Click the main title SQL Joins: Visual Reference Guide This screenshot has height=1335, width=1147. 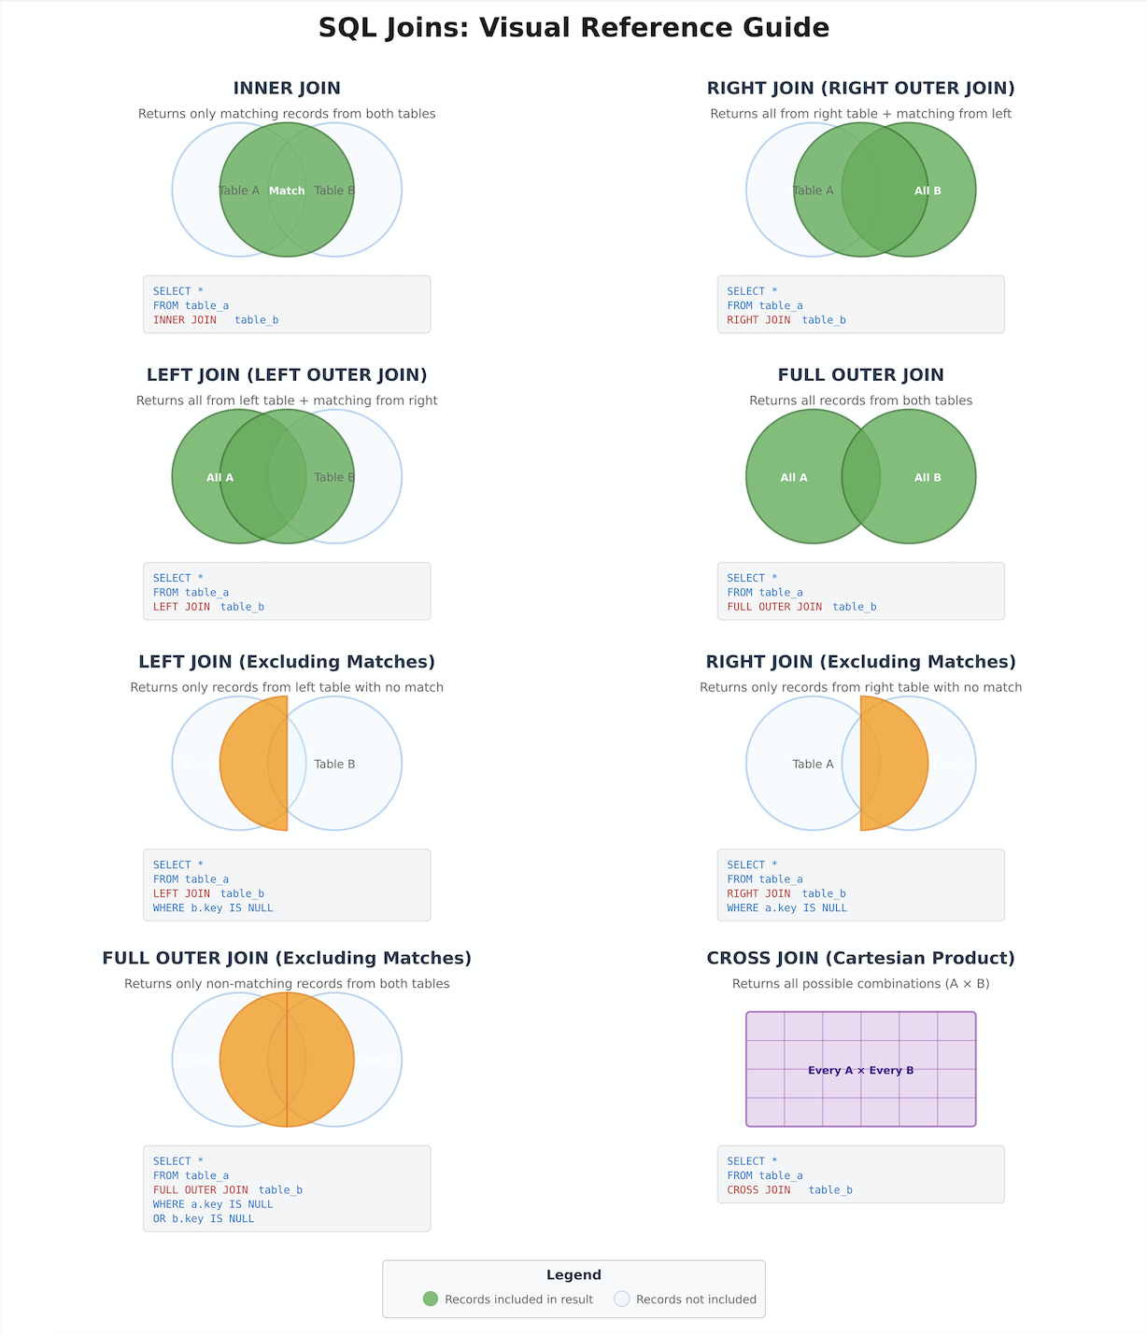(573, 28)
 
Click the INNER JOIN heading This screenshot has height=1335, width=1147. (287, 89)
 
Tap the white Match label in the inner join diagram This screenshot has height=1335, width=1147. (287, 190)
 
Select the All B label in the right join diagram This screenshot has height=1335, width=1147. (928, 190)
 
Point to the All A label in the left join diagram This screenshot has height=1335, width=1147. (220, 477)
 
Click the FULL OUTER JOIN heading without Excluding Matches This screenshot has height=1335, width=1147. (860, 375)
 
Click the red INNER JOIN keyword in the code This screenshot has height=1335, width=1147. (185, 320)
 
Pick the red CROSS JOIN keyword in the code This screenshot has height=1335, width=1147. (758, 1190)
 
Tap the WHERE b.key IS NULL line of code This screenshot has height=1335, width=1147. (213, 908)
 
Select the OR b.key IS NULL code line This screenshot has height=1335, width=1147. (204, 1219)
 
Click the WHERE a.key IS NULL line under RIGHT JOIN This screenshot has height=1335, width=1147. (786, 908)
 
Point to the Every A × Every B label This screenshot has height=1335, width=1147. (860, 1070)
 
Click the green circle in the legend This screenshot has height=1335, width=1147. (431, 1299)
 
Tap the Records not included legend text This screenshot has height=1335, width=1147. (696, 1300)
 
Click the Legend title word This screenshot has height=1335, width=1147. (573, 1275)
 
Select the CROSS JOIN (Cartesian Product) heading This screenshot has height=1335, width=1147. (860, 959)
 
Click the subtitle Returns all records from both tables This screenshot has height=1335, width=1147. (860, 400)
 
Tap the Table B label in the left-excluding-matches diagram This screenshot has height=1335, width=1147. (334, 764)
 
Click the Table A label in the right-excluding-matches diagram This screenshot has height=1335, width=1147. (813, 764)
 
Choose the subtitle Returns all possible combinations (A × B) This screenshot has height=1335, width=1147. (860, 984)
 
